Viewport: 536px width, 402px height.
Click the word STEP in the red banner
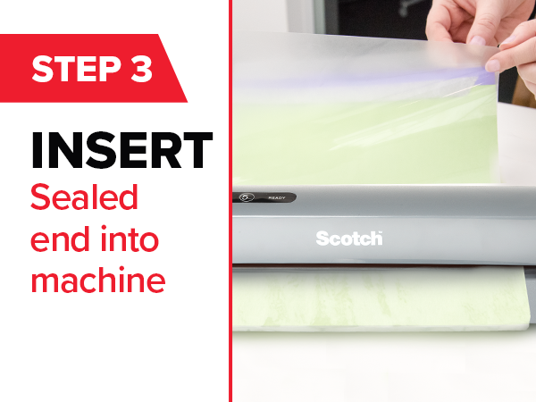[76, 69]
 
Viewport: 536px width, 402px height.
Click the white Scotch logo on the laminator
[348, 239]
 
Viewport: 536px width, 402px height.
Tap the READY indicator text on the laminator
[276, 197]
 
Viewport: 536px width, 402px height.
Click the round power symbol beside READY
[247, 197]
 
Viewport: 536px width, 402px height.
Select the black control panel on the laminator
[264, 197]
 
